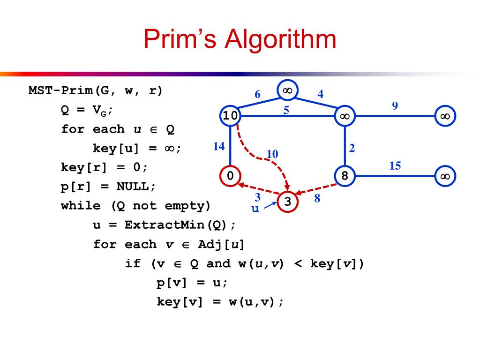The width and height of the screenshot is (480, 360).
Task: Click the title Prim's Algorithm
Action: pyautogui.click(x=240, y=39)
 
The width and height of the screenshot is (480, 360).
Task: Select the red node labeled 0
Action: pyautogui.click(x=230, y=176)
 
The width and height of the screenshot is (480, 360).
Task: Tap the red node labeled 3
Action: pyautogui.click(x=288, y=202)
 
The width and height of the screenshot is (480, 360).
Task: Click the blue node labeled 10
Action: pyautogui.click(x=230, y=115)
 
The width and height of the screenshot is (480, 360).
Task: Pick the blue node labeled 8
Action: pyautogui.click(x=345, y=176)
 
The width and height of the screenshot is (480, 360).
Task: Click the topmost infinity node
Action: pyautogui.click(x=287, y=90)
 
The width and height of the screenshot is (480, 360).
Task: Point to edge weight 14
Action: pyautogui.click(x=218, y=146)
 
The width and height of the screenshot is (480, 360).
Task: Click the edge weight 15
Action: pyautogui.click(x=395, y=165)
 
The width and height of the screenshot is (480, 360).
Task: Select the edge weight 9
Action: pyautogui.click(x=395, y=105)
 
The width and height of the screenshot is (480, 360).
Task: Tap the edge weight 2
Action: pyautogui.click(x=352, y=148)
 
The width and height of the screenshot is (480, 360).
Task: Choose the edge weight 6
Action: pyautogui.click(x=257, y=94)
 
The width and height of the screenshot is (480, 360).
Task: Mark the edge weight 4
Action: pyautogui.click(x=320, y=94)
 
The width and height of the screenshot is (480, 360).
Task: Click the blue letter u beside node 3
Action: pyautogui.click(x=255, y=209)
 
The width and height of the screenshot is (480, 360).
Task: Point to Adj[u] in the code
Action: pyautogui.click(x=221, y=244)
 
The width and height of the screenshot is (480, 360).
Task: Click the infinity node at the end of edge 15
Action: pyautogui.click(x=445, y=176)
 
